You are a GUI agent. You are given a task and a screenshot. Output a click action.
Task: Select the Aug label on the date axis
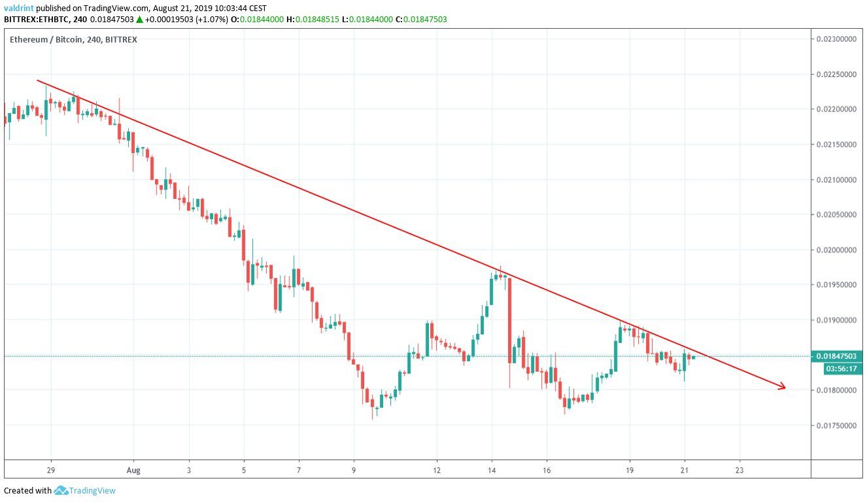[x=133, y=470]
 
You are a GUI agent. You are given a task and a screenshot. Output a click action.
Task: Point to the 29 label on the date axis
[x=50, y=470]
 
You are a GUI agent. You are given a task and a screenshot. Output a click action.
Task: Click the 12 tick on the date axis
[x=437, y=470]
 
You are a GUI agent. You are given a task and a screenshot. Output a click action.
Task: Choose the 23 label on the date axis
[x=739, y=470]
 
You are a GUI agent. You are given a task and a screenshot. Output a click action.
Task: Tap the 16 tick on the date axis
[x=547, y=470]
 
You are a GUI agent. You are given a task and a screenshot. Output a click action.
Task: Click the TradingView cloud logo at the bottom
[x=61, y=490]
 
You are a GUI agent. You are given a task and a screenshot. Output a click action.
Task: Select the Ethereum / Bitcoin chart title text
[x=45, y=40]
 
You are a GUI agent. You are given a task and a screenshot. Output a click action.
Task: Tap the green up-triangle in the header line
[x=139, y=20]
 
